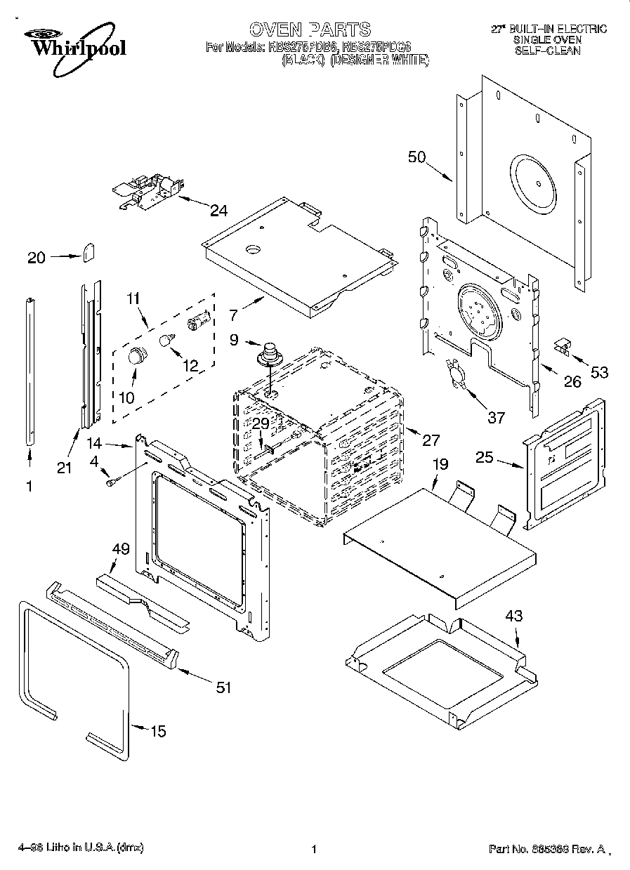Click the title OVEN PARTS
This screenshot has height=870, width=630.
[x=310, y=29]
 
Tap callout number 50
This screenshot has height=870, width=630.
[x=417, y=157]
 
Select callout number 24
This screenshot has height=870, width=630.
[x=218, y=209]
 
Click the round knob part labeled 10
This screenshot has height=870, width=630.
[x=138, y=357]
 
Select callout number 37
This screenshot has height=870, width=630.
[x=496, y=418]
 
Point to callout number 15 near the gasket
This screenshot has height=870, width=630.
[x=158, y=731]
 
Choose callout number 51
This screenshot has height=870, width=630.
[x=223, y=687]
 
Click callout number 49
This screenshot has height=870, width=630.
[x=121, y=549]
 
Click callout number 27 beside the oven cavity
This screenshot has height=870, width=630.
[x=430, y=440]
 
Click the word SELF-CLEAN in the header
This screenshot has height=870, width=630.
[x=547, y=51]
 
